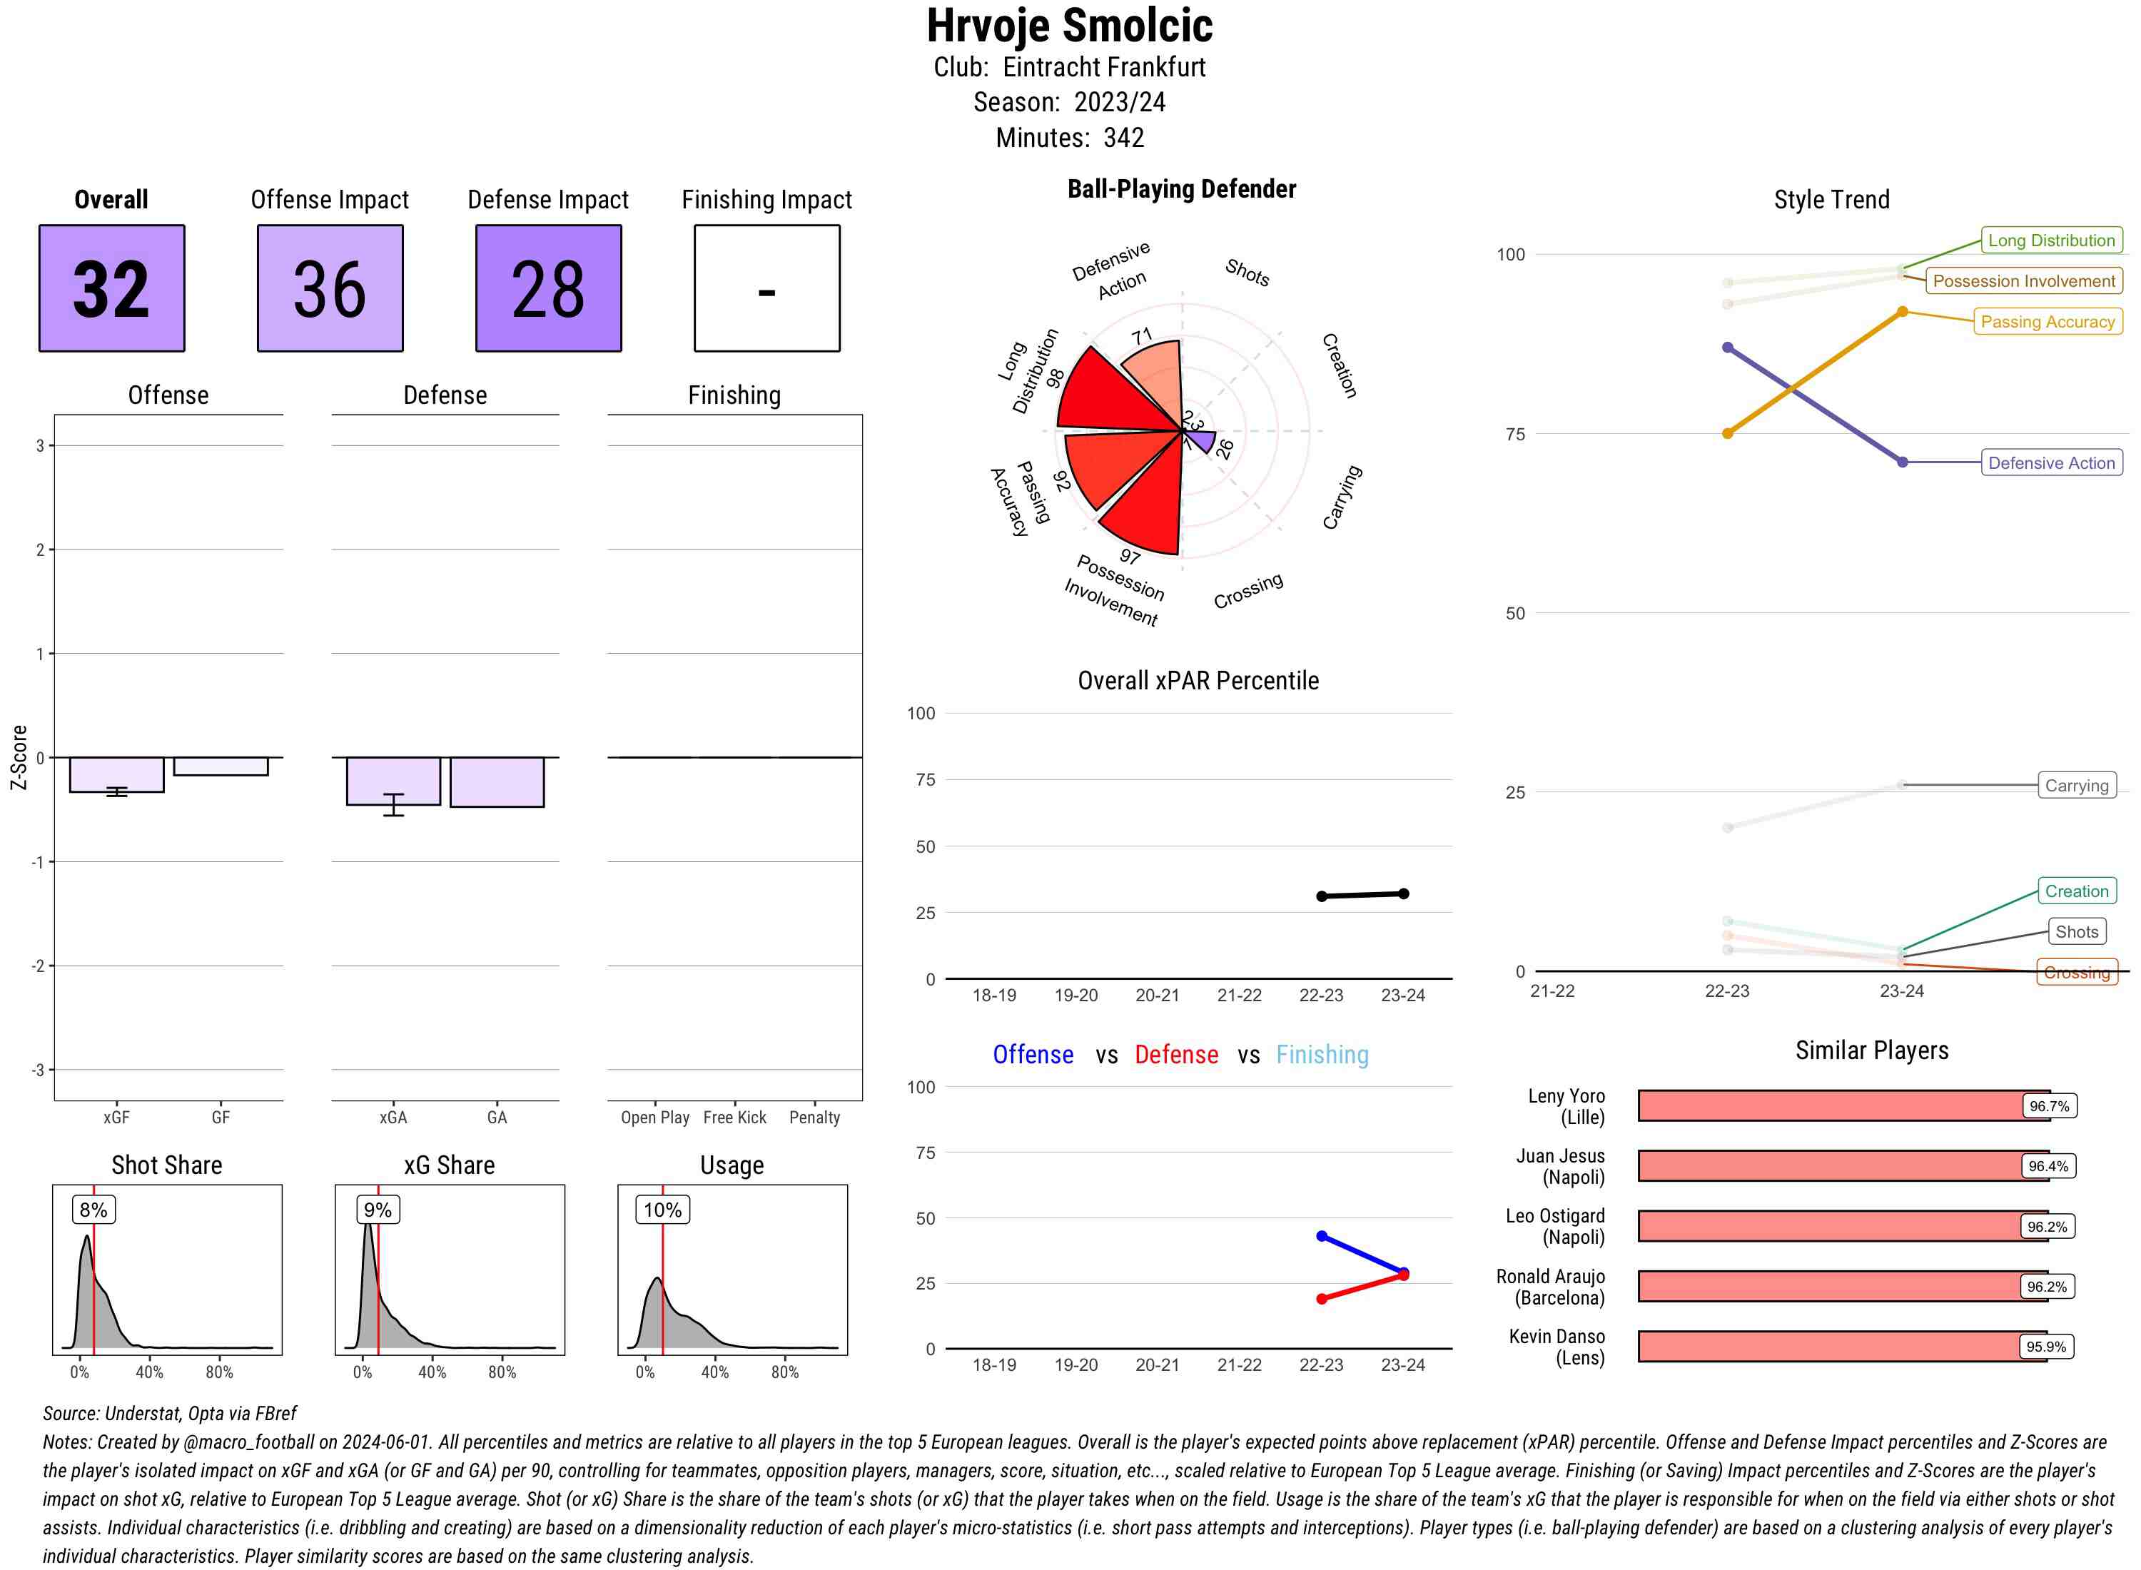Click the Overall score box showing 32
(111, 288)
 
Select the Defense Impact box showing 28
(548, 288)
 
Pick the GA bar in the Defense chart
(497, 782)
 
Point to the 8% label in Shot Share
(93, 1210)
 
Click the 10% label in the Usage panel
(662, 1210)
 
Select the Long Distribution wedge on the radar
(1112, 395)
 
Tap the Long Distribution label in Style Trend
(2051, 240)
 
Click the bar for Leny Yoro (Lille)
(1829, 1106)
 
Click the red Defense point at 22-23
(1321, 1299)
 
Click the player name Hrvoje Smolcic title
(1069, 26)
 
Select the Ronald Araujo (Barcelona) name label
(1550, 1287)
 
